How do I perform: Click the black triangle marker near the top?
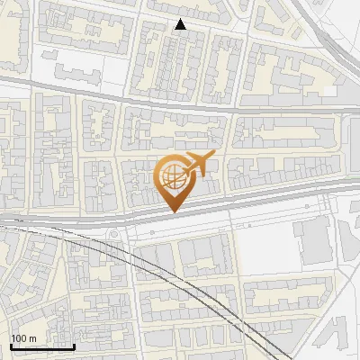click(x=181, y=25)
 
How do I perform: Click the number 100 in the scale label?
click(x=19, y=338)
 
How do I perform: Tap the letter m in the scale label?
click(x=32, y=338)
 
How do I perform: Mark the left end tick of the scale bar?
click(x=11, y=346)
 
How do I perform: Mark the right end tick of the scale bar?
click(x=73, y=346)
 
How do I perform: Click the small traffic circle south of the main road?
click(x=114, y=236)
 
